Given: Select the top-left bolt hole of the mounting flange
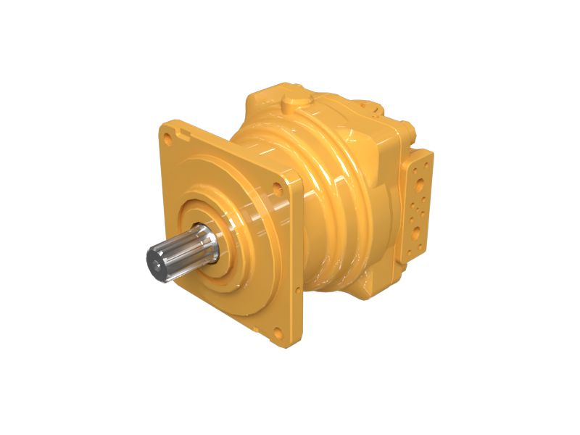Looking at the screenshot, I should pyautogui.click(x=168, y=135).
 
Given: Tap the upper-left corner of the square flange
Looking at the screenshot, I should pyautogui.click(x=162, y=128).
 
